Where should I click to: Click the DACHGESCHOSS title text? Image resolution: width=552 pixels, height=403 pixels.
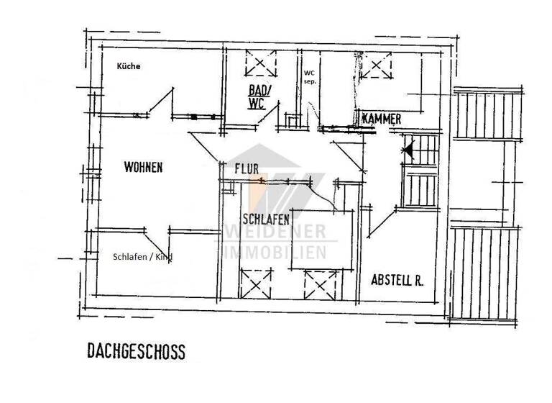click(136, 352)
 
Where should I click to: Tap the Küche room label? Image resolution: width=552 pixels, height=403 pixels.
click(129, 66)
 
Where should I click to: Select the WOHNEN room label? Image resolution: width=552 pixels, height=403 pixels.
click(143, 168)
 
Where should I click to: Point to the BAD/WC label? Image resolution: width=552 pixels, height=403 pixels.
click(258, 97)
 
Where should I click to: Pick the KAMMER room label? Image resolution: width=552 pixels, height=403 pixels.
click(382, 118)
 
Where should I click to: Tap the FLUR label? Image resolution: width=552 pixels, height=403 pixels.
click(247, 168)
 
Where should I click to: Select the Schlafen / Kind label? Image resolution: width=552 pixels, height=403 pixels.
click(142, 257)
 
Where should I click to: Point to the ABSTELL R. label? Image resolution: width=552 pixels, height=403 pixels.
click(397, 280)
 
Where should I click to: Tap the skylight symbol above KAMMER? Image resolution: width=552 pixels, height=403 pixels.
click(374, 66)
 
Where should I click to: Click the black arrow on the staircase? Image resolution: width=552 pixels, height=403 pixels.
click(408, 150)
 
